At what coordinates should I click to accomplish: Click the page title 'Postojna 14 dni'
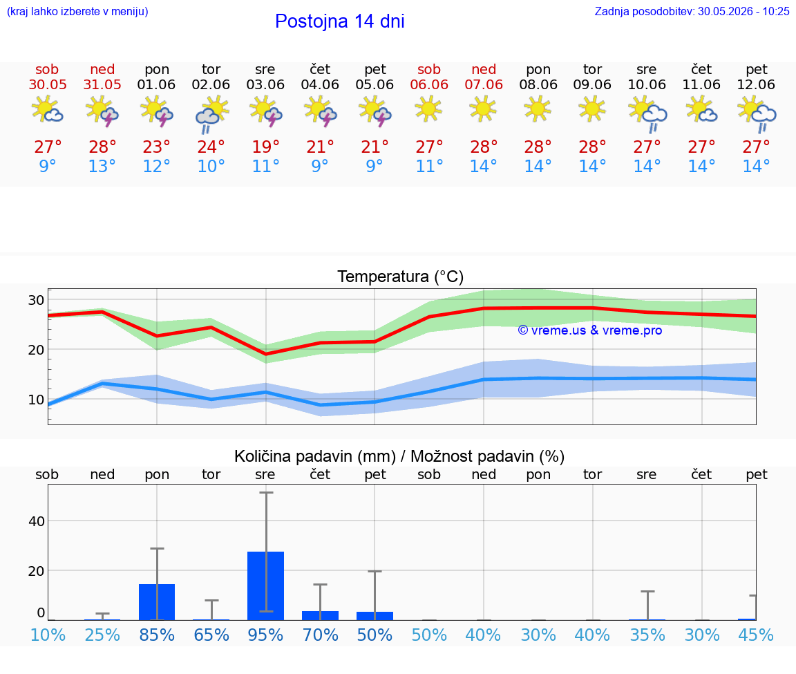pos(340,21)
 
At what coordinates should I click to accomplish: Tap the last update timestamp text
pos(692,11)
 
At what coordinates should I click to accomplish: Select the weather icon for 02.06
pos(211,114)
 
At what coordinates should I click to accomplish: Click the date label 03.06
pos(265,84)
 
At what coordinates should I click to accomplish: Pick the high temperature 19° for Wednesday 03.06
pos(265,147)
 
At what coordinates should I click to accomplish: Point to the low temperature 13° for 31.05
pos(102,166)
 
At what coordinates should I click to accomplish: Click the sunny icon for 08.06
pos(538,109)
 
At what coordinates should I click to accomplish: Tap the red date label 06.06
pos(429,84)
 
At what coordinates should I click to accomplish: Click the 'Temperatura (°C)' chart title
pos(401,277)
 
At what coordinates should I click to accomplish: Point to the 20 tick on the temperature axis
pos(36,350)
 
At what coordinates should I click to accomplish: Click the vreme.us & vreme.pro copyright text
pos(590,330)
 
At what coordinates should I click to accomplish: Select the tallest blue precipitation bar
pos(265,586)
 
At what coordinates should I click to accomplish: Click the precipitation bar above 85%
pos(157,602)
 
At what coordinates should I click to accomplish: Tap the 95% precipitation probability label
pos(265,635)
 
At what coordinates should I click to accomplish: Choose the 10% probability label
pos(48,635)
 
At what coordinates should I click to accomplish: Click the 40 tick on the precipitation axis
pos(37,521)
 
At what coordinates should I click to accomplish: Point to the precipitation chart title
pos(399,456)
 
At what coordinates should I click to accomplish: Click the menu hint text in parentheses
pos(77,11)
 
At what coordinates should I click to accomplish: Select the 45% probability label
pos(756,635)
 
